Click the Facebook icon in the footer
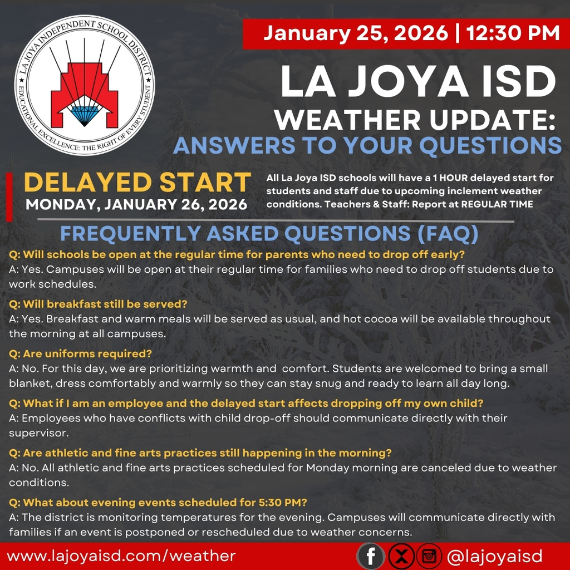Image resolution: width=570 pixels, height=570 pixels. (x=371, y=556)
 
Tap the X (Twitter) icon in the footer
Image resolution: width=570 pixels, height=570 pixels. (x=401, y=556)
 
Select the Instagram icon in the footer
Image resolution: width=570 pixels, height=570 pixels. (x=430, y=556)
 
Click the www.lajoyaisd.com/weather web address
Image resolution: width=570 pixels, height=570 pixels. (x=121, y=556)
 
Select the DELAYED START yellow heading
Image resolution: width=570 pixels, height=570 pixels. (x=137, y=183)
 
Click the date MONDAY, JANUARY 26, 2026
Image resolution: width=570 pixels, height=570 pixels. (x=137, y=204)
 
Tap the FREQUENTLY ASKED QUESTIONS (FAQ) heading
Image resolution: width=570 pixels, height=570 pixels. (x=269, y=234)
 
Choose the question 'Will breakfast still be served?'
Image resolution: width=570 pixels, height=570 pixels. (x=98, y=304)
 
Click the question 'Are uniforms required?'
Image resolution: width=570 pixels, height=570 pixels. (x=80, y=354)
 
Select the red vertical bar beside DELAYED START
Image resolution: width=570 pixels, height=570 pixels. (x=9, y=196)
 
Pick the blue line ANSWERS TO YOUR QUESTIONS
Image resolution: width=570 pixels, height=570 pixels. (x=367, y=145)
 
